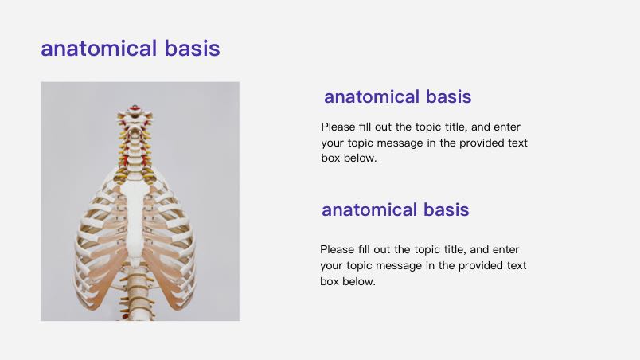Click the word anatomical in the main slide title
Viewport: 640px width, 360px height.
pyautogui.click(x=99, y=48)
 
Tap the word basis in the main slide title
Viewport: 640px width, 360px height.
pyautogui.click(x=193, y=48)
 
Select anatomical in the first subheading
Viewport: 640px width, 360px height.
pyautogui.click(x=372, y=96)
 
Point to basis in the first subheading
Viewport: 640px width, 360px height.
pyautogui.click(x=449, y=96)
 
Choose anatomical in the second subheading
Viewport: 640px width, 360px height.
pyautogui.click(x=369, y=209)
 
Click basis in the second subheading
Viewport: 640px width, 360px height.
pyautogui.click(x=446, y=209)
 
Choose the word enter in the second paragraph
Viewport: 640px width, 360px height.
pyautogui.click(x=505, y=249)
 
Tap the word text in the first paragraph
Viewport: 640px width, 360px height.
pyautogui.click(x=517, y=143)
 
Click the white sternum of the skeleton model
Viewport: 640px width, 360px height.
pyautogui.click(x=134, y=218)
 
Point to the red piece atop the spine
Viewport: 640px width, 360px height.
pyautogui.click(x=135, y=108)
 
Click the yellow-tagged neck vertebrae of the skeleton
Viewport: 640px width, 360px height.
pyautogui.click(x=135, y=143)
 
